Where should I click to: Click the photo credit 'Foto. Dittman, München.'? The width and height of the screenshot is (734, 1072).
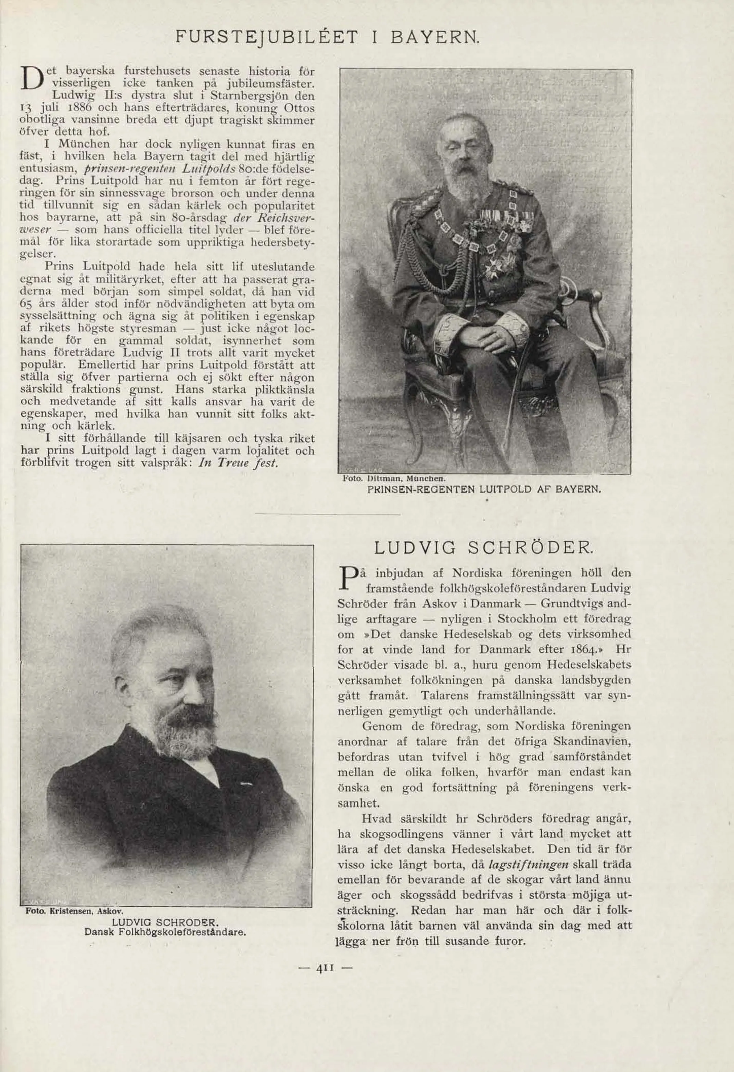coord(393,479)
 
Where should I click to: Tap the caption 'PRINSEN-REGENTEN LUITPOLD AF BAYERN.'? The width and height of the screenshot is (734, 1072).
coord(484,489)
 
